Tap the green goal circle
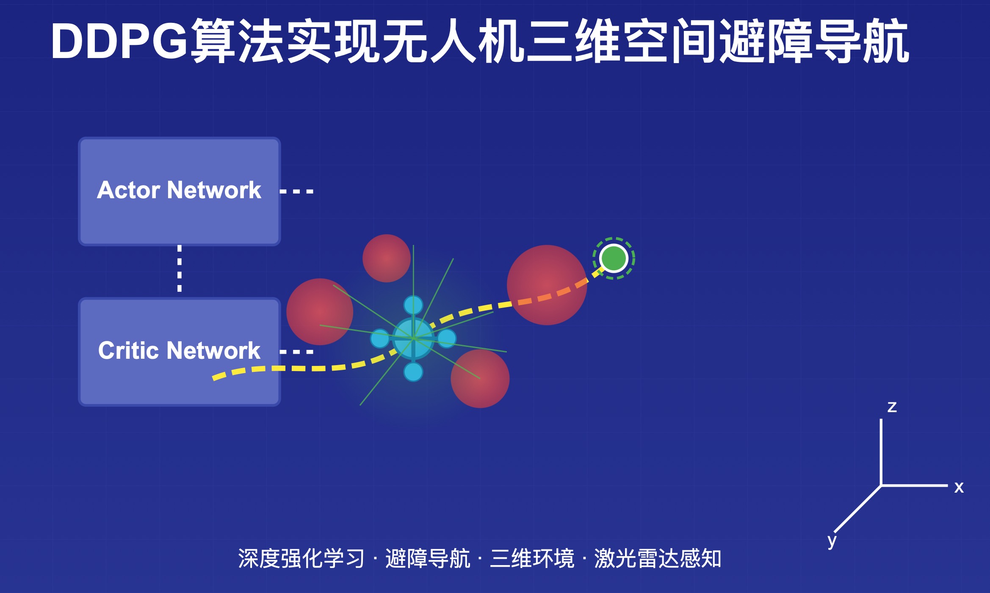[614, 258]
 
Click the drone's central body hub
[413, 338]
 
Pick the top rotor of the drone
[413, 305]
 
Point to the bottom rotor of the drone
[413, 372]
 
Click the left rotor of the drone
[379, 338]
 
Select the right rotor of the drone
[447, 338]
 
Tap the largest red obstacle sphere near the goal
[547, 285]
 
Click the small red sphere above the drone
[386, 258]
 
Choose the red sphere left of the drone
[320, 311]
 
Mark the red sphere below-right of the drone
[480, 378]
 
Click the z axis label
[892, 407]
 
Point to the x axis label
[959, 487]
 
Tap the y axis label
[832, 540]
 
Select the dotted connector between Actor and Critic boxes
[180, 269]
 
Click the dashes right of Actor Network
[296, 191]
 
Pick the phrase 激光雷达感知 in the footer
[658, 558]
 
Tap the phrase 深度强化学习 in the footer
[301, 558]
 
